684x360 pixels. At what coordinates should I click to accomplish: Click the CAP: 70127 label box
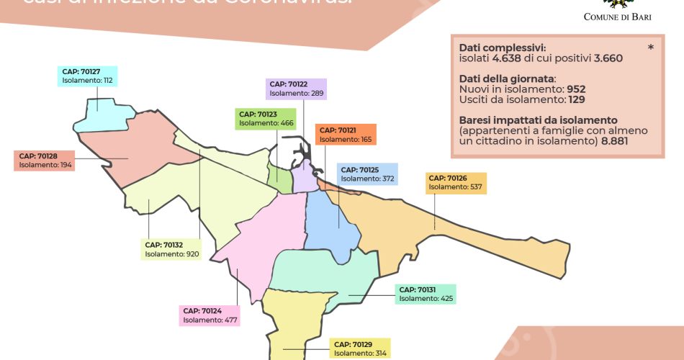(x=87, y=76)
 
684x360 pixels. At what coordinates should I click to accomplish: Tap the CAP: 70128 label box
(x=45, y=160)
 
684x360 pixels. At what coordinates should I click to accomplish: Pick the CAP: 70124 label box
(x=210, y=315)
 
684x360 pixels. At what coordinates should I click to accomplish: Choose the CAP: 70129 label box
(x=360, y=348)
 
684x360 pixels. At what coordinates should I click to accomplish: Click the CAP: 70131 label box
(x=426, y=294)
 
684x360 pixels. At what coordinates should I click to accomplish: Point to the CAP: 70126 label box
(x=456, y=182)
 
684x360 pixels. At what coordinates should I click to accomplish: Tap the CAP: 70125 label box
(x=369, y=174)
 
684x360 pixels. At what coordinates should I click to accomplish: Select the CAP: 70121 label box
(x=346, y=135)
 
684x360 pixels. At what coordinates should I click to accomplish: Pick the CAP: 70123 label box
(x=266, y=119)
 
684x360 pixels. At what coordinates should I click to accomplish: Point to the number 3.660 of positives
(x=608, y=58)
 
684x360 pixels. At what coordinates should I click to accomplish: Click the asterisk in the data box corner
(x=651, y=47)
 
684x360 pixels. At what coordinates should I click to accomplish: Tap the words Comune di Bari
(x=616, y=17)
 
